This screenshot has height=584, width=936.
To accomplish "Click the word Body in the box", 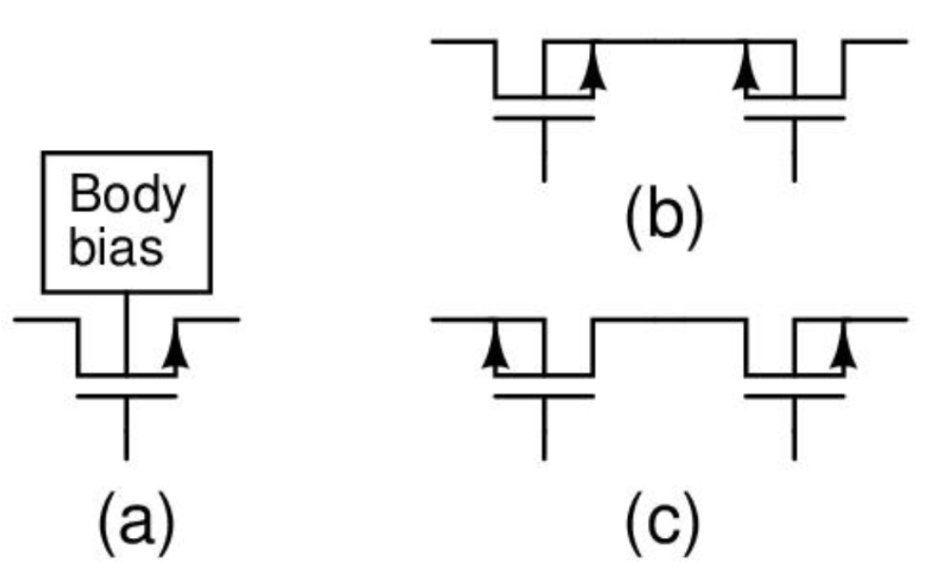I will (x=126, y=196).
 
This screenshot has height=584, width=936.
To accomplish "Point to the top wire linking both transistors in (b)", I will (x=668, y=40).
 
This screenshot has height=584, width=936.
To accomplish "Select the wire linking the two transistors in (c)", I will (x=668, y=320).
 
